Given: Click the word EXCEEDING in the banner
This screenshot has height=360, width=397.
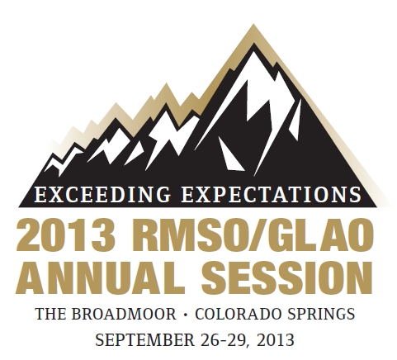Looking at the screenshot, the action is (x=102, y=195).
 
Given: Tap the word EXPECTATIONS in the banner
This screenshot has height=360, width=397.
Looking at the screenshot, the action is (x=272, y=195).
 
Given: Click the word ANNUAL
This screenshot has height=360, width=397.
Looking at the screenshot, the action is (x=97, y=277).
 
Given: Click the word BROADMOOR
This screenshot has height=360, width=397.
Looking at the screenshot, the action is (x=124, y=314).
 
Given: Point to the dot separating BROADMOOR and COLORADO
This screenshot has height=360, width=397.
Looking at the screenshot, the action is (x=186, y=315).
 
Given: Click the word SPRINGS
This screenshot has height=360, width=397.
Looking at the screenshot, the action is (x=321, y=314).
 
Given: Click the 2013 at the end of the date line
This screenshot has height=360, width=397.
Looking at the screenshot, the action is (x=276, y=340).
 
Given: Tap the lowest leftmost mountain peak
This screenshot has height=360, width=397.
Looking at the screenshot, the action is (x=51, y=158).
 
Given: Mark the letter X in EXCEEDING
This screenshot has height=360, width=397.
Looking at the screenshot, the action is (x=54, y=195).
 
